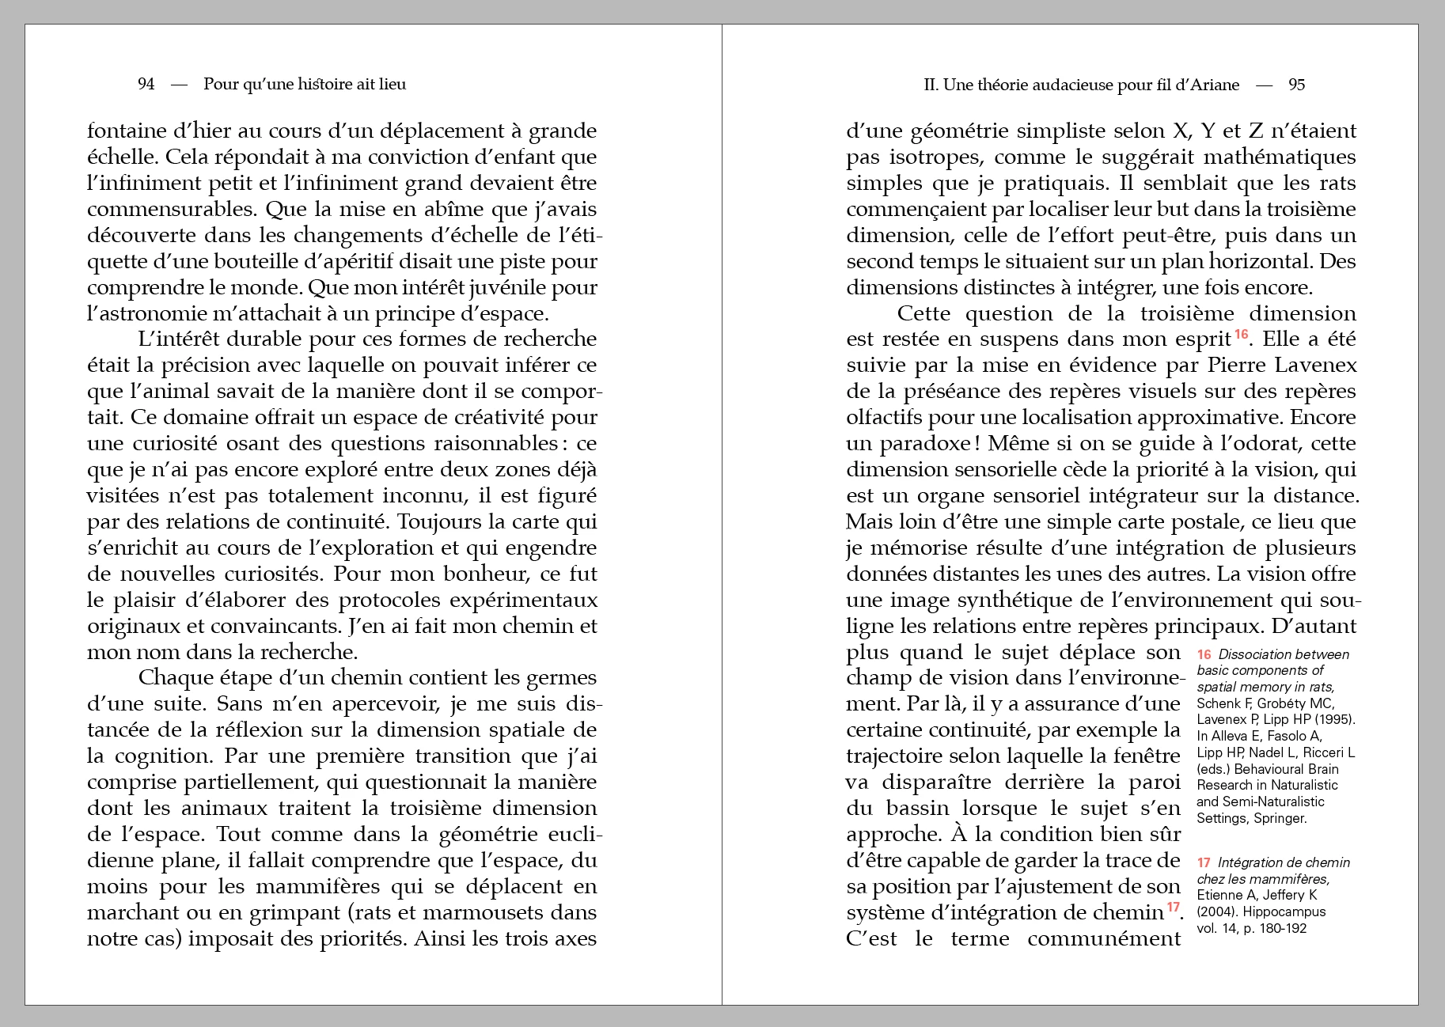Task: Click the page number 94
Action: (x=146, y=85)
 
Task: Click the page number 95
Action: (x=1296, y=85)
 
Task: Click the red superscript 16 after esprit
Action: (x=1241, y=334)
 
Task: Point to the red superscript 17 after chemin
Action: (x=1173, y=907)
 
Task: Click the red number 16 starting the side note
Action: (x=1204, y=654)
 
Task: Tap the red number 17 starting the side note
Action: (x=1204, y=862)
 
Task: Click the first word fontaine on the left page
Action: (x=127, y=131)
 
